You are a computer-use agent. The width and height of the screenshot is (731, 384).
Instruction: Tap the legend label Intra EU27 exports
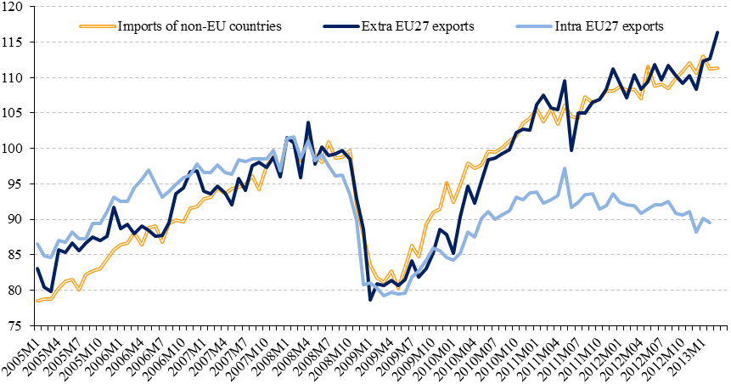[x=610, y=25]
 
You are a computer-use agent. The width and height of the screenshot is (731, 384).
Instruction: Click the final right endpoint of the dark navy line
[x=717, y=32]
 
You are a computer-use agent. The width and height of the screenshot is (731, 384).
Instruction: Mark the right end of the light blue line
[x=710, y=223]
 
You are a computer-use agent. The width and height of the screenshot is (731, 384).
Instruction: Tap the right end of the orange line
[x=717, y=68]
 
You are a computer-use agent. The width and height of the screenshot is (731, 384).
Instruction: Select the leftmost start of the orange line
[x=37, y=301]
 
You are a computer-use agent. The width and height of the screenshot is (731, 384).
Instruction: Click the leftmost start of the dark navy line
[x=37, y=268]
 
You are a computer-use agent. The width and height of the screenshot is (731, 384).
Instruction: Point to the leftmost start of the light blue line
[x=37, y=244]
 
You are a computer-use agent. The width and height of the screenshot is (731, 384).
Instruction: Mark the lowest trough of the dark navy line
[x=370, y=299]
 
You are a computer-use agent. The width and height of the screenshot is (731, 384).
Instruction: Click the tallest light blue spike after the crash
[x=565, y=168]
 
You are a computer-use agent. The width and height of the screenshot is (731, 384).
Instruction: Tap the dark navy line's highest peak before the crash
[x=308, y=123]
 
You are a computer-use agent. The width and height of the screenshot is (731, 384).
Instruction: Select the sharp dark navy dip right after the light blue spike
[x=571, y=150]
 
